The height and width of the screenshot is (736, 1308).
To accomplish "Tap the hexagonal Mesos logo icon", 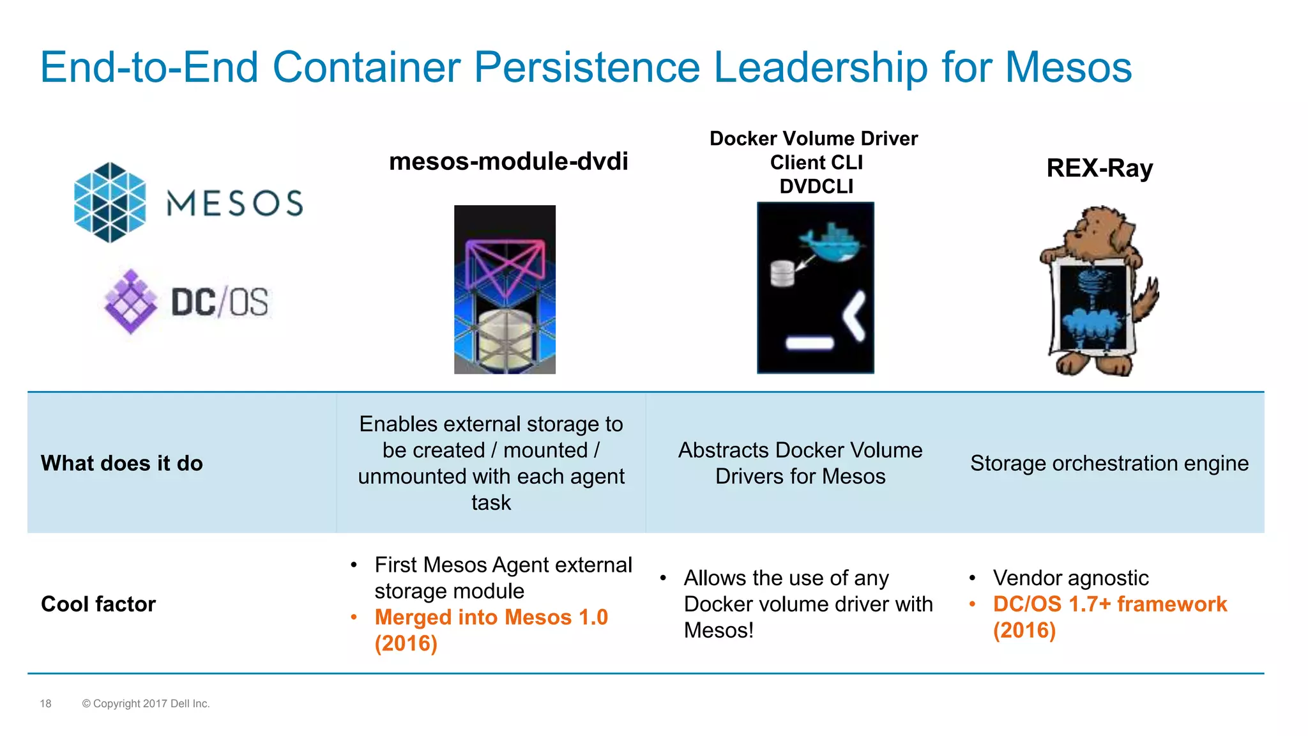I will click(x=110, y=203).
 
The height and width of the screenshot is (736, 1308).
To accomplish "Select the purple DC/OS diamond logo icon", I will click(x=131, y=301).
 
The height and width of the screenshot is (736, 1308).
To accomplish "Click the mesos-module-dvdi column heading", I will click(x=508, y=161).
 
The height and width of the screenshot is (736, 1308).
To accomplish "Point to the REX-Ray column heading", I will click(x=1099, y=168).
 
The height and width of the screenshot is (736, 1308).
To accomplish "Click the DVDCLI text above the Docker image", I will click(x=816, y=187).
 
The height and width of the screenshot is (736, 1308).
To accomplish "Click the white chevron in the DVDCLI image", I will click(x=855, y=316).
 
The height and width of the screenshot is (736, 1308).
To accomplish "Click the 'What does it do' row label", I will click(x=121, y=463).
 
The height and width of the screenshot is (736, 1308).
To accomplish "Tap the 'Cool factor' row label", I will click(x=98, y=604).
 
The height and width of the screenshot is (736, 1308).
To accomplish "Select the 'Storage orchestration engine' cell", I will click(x=1109, y=463).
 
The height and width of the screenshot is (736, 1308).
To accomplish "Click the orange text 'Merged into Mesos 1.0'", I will click(x=490, y=617).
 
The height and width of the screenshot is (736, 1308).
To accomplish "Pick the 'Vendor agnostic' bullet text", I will click(x=1070, y=578).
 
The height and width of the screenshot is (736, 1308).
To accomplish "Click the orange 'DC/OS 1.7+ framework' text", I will click(x=1109, y=604).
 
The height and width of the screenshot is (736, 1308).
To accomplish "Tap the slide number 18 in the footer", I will click(x=45, y=703).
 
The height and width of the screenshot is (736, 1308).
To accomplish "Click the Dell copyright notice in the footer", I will click(x=146, y=703).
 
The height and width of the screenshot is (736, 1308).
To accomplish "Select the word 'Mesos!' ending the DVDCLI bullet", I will click(x=719, y=631).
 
